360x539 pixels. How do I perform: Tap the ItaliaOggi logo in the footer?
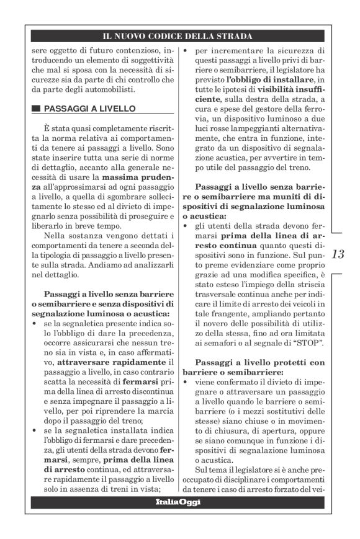[x=178, y=501]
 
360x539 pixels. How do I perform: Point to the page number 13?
[x=340, y=254]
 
